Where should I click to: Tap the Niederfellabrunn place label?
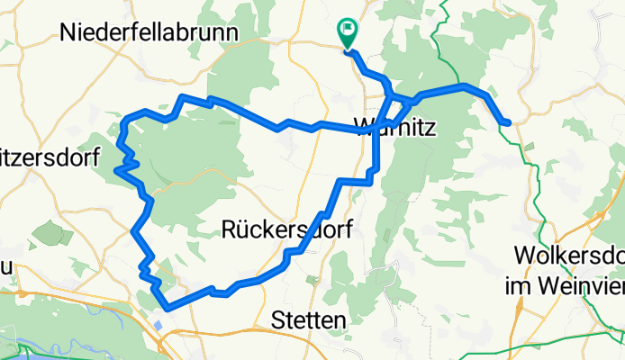(149, 33)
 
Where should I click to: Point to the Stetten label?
(309, 320)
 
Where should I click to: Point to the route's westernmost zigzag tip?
(117, 168)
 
